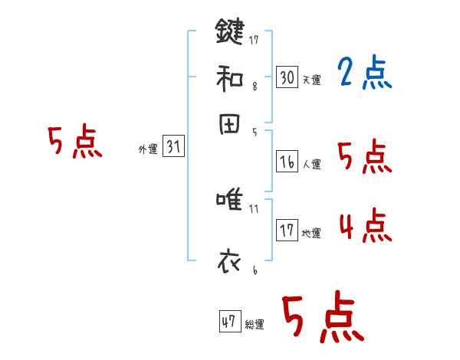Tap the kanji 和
[x=229, y=77]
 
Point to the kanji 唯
[x=230, y=201]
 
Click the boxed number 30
[x=287, y=77]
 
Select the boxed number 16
[x=287, y=161]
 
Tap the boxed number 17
[x=287, y=231]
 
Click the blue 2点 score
[x=364, y=74]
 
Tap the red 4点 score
[x=365, y=227]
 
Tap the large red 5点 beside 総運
[x=321, y=319]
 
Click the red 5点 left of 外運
[x=74, y=144]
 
